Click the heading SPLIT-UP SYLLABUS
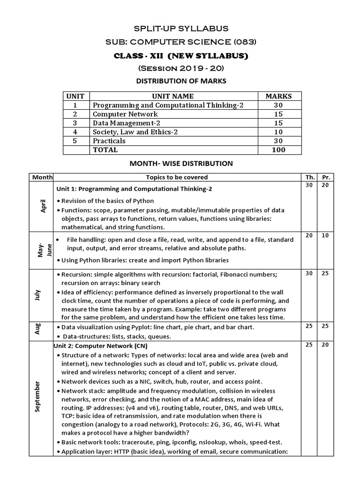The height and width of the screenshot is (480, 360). click(x=181, y=29)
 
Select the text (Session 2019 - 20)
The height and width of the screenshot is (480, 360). click(x=181, y=69)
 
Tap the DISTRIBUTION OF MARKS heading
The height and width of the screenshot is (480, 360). click(x=181, y=81)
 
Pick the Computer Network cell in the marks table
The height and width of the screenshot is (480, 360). click(x=125, y=114)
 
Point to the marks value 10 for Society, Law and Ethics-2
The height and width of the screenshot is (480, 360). click(x=278, y=132)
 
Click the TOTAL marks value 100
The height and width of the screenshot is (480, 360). click(x=278, y=150)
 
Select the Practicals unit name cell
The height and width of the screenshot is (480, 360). click(x=109, y=141)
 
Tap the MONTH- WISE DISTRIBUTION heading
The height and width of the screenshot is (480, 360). click(x=181, y=164)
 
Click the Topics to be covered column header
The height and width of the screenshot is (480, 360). click(x=177, y=177)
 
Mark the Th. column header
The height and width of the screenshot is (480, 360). click(x=309, y=177)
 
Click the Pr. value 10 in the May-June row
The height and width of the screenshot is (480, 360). click(x=325, y=235)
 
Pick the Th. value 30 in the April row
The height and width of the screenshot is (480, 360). click(x=309, y=186)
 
